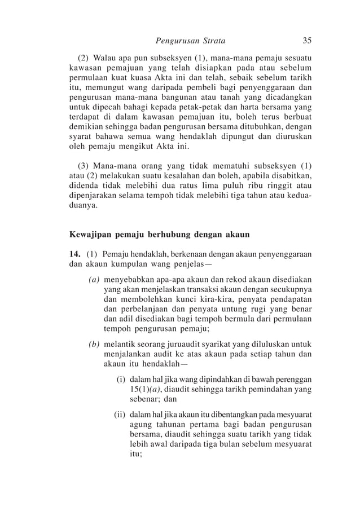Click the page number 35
coord(307,41)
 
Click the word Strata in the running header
coord(209,41)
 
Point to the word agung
coord(141,425)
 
